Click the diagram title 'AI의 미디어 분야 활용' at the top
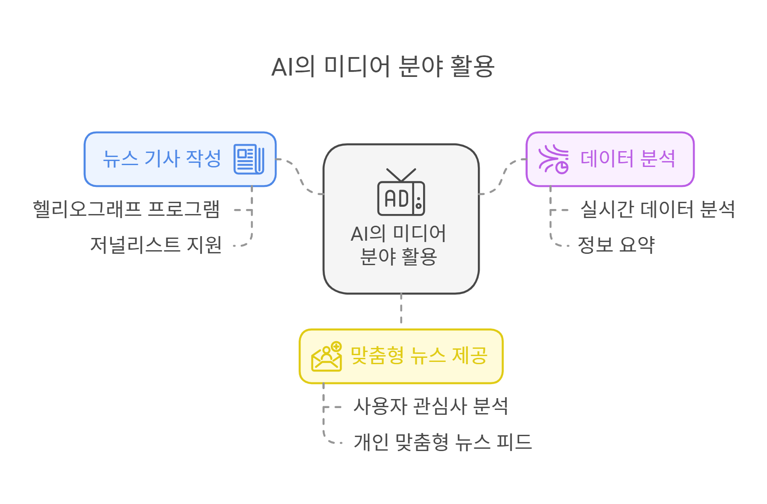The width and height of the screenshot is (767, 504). click(x=383, y=67)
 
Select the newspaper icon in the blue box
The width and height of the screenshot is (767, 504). click(x=248, y=159)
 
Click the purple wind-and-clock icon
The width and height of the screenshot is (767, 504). click(x=553, y=159)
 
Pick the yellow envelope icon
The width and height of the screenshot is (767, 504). click(x=326, y=357)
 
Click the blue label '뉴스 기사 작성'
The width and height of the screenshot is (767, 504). click(x=162, y=159)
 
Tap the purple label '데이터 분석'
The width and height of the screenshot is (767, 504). click(x=628, y=159)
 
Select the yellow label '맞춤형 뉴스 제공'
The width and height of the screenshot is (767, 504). click(x=419, y=356)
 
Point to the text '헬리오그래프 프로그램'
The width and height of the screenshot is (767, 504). click(x=126, y=209)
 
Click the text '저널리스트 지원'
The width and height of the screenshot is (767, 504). click(x=156, y=245)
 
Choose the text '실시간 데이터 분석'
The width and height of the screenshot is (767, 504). click(x=657, y=209)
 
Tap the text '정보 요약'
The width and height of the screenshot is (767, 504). click(x=616, y=245)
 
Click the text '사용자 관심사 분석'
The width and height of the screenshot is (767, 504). click(x=430, y=406)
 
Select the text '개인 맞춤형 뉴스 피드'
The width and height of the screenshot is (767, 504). click(x=443, y=442)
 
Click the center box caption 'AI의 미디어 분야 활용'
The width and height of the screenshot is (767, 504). click(x=399, y=245)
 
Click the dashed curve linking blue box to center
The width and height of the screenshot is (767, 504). click(x=300, y=176)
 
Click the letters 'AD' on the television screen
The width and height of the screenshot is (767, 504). click(x=396, y=199)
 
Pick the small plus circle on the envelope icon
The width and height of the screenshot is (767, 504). click(x=336, y=347)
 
